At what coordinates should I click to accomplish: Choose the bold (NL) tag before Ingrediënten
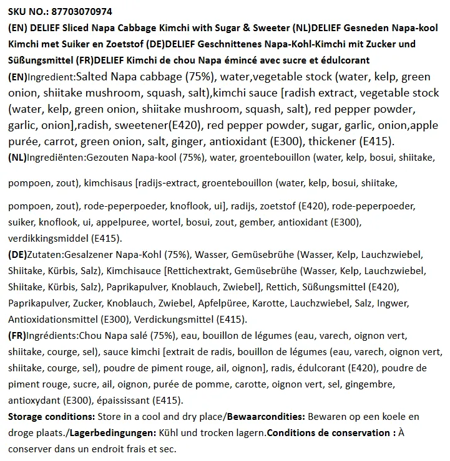tap(17, 158)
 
